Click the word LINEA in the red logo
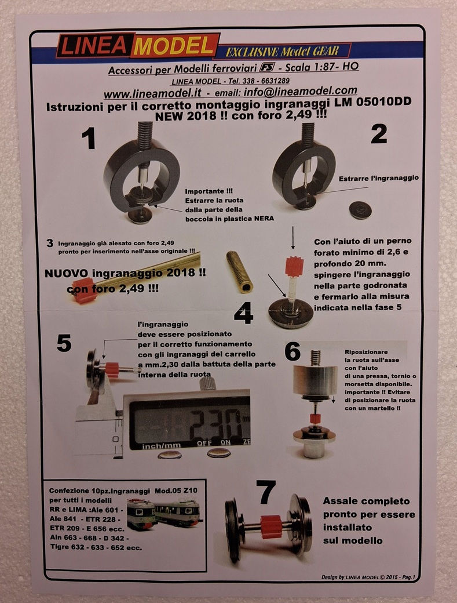[x=94, y=46]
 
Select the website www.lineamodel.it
[x=152, y=94]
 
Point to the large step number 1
[x=89, y=139]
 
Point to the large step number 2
[x=379, y=133]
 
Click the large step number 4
[x=243, y=313]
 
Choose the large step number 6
[x=293, y=351]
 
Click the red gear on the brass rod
[x=83, y=290]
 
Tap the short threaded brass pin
[x=239, y=271]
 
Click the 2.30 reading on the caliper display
[x=216, y=424]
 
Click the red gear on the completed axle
[x=272, y=526]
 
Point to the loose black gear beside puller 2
[x=360, y=210]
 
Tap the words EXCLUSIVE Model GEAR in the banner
[x=282, y=51]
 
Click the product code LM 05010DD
[x=371, y=101]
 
